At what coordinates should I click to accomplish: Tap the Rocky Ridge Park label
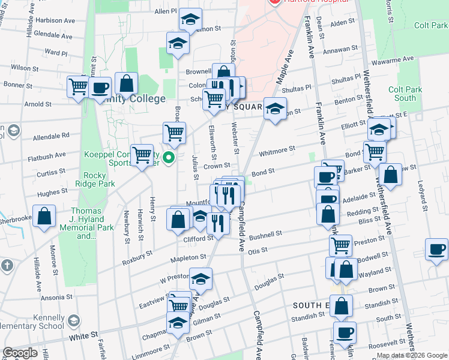(x=91, y=180)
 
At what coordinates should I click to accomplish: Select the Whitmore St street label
(x=277, y=149)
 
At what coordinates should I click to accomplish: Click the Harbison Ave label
(x=55, y=20)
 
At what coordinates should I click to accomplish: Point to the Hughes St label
(x=52, y=193)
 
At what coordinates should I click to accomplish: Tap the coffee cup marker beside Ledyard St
(x=436, y=249)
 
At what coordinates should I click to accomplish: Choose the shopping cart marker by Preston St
(x=340, y=245)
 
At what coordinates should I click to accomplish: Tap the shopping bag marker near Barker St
(x=390, y=175)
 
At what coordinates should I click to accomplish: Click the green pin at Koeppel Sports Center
(x=169, y=158)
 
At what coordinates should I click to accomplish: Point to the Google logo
(x=20, y=353)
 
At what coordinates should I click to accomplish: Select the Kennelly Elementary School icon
(x=74, y=321)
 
